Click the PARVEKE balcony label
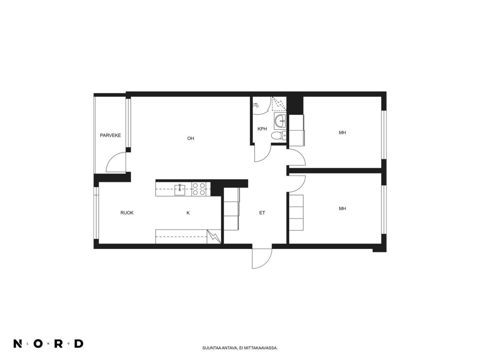(x=110, y=135)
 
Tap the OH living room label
(x=190, y=138)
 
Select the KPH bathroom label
(x=262, y=129)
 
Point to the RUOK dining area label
(x=127, y=213)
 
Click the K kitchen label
(x=188, y=213)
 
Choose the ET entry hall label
(x=262, y=213)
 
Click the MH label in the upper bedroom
(x=342, y=132)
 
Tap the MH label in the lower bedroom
(x=342, y=209)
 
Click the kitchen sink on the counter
(x=180, y=190)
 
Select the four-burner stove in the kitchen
(x=199, y=189)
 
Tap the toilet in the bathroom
(x=279, y=136)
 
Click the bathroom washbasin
(x=280, y=121)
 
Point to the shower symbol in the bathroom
(x=255, y=105)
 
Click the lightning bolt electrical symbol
(x=214, y=236)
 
